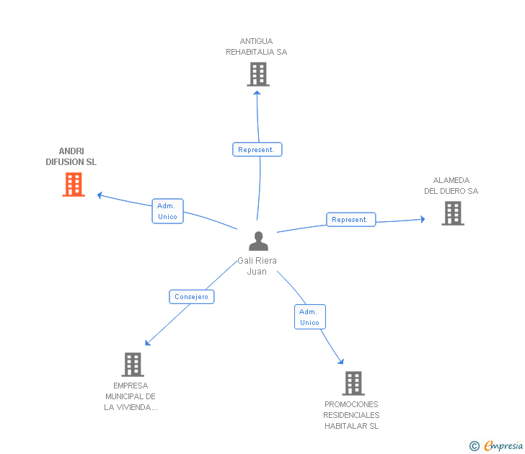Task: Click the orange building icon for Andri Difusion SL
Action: (73, 184)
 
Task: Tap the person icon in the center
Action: (257, 241)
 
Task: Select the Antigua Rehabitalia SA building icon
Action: (257, 74)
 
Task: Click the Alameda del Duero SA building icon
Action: (452, 213)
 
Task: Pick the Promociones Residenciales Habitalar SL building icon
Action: (353, 383)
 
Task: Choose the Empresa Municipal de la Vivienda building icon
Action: (132, 365)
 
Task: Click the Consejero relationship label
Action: (191, 296)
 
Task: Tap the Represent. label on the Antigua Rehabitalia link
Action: (257, 150)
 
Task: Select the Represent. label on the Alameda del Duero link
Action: (350, 219)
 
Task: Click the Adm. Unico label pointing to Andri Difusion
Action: (167, 211)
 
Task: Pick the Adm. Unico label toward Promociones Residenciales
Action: (309, 317)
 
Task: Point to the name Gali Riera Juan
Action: (257, 266)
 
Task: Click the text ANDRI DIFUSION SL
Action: (71, 157)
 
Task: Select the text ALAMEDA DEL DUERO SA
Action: (451, 186)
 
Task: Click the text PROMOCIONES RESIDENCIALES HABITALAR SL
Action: (351, 415)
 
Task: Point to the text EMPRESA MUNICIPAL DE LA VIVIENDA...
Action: (131, 396)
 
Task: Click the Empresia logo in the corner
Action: (503, 446)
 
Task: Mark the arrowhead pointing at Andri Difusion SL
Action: (100, 195)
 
